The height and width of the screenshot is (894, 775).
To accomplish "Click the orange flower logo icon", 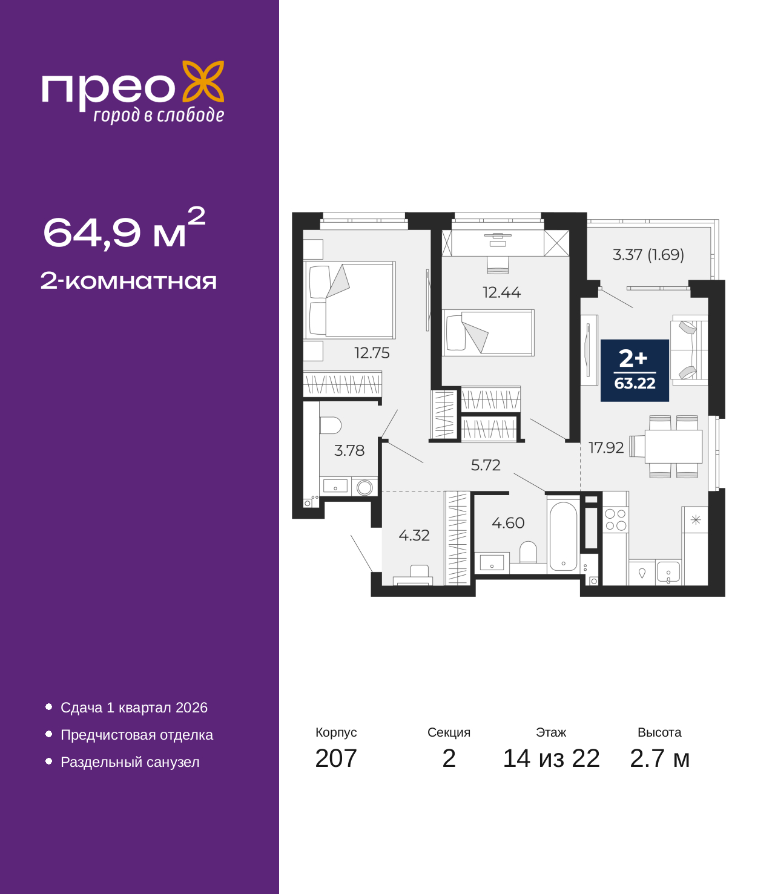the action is [203, 81].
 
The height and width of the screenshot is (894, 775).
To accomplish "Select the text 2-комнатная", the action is [128, 281].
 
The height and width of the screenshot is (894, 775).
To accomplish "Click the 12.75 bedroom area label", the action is [372, 353].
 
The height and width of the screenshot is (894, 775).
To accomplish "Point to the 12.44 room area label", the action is [501, 292].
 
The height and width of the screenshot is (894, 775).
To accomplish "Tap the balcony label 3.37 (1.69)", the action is [648, 254].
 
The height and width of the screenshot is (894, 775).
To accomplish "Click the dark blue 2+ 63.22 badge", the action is [635, 370].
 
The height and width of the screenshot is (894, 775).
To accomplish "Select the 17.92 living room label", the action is [606, 448].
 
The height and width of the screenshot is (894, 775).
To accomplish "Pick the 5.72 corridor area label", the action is [486, 465].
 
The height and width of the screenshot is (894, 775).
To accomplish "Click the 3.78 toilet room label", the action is [349, 451].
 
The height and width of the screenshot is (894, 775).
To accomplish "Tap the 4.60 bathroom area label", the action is [508, 523].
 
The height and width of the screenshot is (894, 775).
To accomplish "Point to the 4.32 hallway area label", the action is [414, 536].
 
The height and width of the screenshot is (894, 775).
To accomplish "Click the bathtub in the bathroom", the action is [563, 536].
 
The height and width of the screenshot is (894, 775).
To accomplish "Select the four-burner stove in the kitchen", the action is [615, 519].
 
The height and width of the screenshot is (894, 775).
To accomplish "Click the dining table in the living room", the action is [673, 446].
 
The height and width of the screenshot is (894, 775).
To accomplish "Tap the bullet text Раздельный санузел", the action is [130, 761].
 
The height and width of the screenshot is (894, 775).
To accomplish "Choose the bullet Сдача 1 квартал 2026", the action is [134, 707].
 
